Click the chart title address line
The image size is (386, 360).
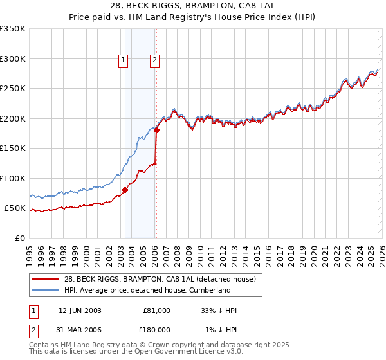[x=193, y=6]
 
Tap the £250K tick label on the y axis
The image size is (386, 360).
[x=13, y=89]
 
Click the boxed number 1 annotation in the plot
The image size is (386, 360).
[x=123, y=61]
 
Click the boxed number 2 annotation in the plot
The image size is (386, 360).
[x=155, y=61]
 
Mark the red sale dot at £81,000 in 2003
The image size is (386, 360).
[x=125, y=190]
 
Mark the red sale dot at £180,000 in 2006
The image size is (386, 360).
[x=156, y=130]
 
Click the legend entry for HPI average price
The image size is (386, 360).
[x=147, y=291]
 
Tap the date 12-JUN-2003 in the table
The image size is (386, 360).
[x=79, y=310]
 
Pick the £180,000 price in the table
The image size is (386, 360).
[x=156, y=330]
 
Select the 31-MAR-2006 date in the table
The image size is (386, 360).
[x=79, y=330]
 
